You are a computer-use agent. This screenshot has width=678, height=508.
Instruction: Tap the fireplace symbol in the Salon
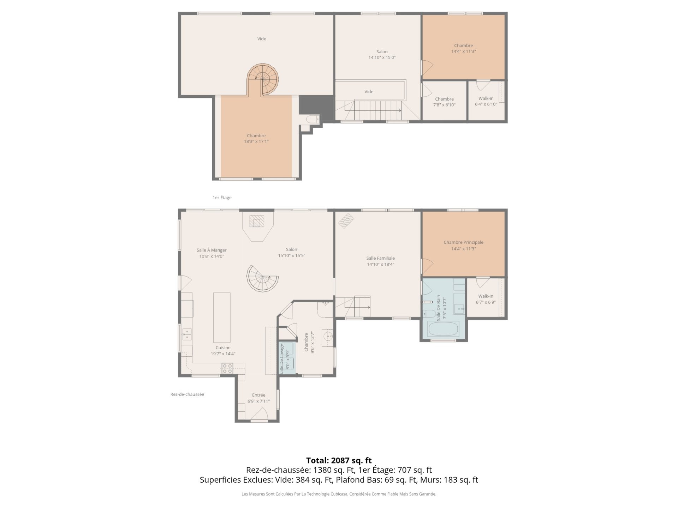pyautogui.click(x=257, y=222)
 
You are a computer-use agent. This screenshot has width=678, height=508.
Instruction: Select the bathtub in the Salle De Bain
pyautogui.click(x=443, y=329)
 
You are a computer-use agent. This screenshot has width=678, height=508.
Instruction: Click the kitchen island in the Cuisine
pyautogui.click(x=222, y=313)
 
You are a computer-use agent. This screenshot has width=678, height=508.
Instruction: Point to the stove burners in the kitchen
pyautogui.click(x=227, y=369)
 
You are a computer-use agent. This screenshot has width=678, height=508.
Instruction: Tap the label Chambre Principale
pyautogui.click(x=463, y=242)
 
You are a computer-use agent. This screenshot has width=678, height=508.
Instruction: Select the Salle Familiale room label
pyautogui.click(x=380, y=258)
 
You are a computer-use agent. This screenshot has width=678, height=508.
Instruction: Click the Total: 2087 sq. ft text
pyautogui.click(x=339, y=460)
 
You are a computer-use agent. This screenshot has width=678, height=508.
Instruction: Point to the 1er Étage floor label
pyautogui.click(x=222, y=198)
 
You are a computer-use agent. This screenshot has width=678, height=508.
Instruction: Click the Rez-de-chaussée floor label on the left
pyautogui.click(x=187, y=394)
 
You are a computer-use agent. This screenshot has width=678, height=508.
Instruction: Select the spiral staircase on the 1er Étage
pyautogui.click(x=263, y=80)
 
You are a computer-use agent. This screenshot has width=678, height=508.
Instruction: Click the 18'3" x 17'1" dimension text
pyautogui.click(x=256, y=141)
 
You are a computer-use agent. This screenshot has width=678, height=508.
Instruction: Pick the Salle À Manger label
pyautogui.click(x=212, y=250)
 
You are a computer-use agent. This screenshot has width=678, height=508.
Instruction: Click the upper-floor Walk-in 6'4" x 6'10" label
pyautogui.click(x=486, y=101)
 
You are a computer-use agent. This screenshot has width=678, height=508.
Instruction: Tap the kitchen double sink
pyautogui.click(x=186, y=334)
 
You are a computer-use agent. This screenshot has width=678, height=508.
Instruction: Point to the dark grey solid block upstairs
pyautogui.click(x=316, y=105)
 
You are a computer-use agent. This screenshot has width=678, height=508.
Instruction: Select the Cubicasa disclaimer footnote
pyautogui.click(x=339, y=494)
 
